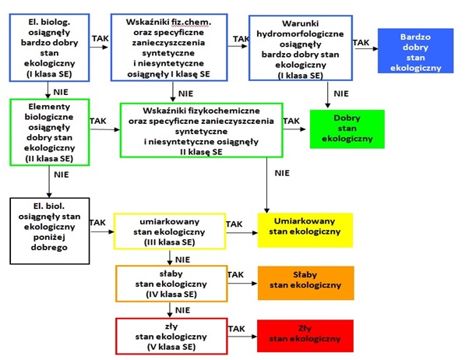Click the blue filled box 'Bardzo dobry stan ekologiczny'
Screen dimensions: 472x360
click(x=415, y=51)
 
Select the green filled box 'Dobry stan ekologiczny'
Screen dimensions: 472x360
click(x=347, y=129)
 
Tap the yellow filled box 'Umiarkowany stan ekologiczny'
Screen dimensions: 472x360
click(x=305, y=230)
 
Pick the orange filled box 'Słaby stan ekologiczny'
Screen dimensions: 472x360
click(x=305, y=283)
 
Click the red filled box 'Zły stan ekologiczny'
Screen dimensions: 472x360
click(x=305, y=336)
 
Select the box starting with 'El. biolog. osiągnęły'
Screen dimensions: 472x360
click(x=49, y=48)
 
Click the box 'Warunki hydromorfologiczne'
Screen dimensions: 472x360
click(x=301, y=48)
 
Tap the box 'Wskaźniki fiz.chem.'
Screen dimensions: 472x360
click(x=169, y=48)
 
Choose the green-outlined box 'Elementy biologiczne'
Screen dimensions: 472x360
click(x=50, y=132)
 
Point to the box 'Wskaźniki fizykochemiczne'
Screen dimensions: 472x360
click(x=201, y=130)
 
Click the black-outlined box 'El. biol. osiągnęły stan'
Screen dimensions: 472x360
click(x=50, y=231)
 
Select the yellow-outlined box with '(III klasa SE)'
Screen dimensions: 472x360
click(x=170, y=231)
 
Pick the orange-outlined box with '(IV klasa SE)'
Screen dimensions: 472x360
click(x=171, y=284)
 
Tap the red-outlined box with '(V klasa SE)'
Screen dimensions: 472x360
click(x=171, y=336)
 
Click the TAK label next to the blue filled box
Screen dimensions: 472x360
click(x=361, y=43)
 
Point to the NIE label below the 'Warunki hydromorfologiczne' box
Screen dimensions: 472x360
click(x=341, y=94)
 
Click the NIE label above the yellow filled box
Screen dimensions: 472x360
click(x=282, y=173)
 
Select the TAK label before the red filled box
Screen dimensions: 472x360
click(x=236, y=329)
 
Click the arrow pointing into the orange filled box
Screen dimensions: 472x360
click(x=242, y=284)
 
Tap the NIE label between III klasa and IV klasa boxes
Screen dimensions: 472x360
click(x=183, y=259)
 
